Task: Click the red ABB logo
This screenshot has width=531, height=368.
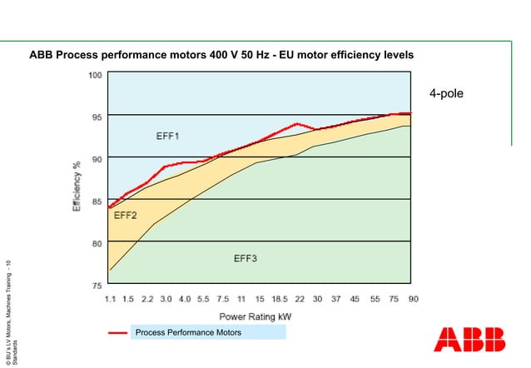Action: pos(469,340)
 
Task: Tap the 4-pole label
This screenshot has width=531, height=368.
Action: pos(446,94)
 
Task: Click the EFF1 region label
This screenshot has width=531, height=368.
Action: pos(168,135)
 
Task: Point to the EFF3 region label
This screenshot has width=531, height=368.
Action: pos(246,259)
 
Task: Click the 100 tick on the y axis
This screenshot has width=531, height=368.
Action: pos(94,75)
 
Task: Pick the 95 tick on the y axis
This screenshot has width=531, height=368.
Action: pos(96,117)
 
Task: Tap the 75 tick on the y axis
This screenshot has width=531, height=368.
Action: pos(96,285)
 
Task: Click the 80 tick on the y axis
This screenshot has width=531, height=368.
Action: pos(96,243)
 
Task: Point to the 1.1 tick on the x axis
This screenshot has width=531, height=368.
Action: pos(110,298)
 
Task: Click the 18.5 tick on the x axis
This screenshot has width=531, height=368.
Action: pos(279,298)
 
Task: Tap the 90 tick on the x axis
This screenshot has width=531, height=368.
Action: pos(412,298)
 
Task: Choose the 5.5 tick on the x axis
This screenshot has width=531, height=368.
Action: pos(203,298)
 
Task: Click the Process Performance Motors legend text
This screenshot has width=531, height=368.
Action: pos(189,333)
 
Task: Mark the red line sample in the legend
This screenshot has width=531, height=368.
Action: pos(117,333)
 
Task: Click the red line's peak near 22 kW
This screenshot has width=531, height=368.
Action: pos(297,124)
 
